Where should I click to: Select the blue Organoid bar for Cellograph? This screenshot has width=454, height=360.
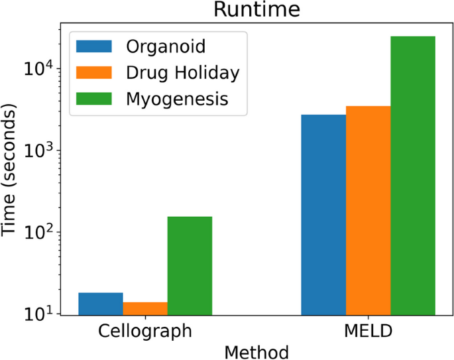[x=101, y=304]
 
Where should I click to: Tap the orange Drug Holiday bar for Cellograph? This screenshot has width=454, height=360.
[x=145, y=308]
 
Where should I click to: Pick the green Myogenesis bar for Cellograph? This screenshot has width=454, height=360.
[x=190, y=265]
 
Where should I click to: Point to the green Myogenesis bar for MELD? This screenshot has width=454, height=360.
[x=413, y=175]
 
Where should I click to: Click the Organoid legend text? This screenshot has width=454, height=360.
[x=166, y=46]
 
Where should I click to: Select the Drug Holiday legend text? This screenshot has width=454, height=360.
[x=182, y=72]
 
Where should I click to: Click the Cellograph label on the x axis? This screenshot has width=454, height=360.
[x=145, y=330]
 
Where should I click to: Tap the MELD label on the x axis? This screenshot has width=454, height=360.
[x=368, y=330]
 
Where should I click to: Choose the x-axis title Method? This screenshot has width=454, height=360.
[x=256, y=351]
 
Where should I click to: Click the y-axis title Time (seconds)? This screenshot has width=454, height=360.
[x=11, y=170]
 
